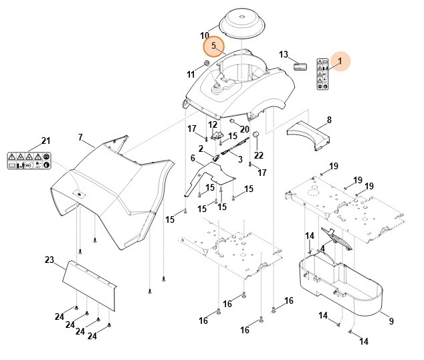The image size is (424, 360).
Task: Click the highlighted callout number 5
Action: pos(213,46)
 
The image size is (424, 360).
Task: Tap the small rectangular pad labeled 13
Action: pos(299,66)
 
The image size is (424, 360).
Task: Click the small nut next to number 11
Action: pos(207,64)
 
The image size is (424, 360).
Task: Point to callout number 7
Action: pos(80,137)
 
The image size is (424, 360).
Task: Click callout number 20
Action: pos(244,129)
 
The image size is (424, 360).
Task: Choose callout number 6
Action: pos(193,159)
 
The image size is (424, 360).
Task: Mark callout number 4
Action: pos(322,248)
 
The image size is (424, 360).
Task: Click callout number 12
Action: pos(213,124)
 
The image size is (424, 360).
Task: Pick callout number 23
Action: pos(49,260)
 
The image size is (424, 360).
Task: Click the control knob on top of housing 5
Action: pos(219,86)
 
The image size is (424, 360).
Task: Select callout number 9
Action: pos(391,321)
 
